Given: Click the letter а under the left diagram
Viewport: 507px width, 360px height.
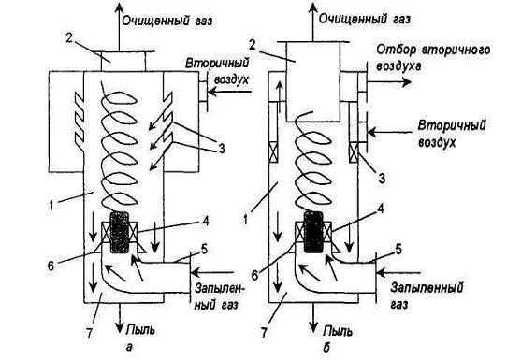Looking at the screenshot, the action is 130,348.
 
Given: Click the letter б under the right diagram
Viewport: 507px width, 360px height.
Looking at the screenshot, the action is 326,347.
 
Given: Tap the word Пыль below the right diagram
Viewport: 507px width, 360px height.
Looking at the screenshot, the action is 339,331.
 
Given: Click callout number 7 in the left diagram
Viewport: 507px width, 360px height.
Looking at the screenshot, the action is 89,334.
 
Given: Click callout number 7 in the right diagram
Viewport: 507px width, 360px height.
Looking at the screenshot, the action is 264,333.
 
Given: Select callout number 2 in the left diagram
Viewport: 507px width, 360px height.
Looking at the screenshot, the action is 69,38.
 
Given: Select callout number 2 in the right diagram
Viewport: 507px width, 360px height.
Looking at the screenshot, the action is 252,44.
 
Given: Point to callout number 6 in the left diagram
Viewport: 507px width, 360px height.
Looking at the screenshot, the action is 51,266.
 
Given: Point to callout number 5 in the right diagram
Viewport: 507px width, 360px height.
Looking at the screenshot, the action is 398,249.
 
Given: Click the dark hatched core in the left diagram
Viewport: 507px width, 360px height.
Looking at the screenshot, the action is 120,232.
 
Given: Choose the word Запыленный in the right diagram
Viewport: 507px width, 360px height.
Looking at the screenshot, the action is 427,288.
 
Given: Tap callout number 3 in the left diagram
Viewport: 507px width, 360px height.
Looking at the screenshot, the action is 221,149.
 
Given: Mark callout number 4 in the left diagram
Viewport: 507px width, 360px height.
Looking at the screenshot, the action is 205,221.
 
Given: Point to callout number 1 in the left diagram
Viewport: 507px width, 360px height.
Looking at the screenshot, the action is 51,205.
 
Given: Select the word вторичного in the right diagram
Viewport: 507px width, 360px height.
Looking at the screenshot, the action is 456,50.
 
